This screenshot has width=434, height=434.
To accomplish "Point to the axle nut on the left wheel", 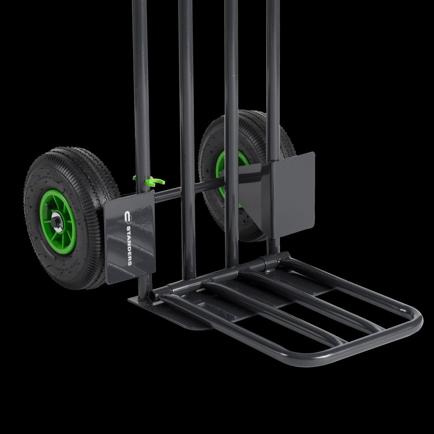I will point(57,221).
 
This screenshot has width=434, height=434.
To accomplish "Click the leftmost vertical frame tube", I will point(141,90).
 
